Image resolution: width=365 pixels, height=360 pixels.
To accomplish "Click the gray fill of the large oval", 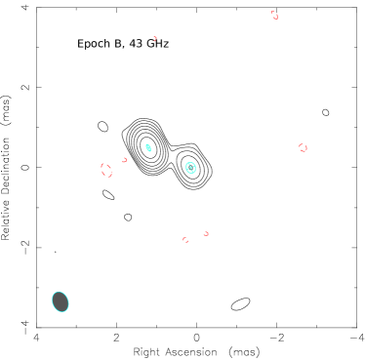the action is point(61,301).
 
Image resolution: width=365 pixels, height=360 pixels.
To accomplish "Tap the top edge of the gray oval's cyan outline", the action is point(60,292).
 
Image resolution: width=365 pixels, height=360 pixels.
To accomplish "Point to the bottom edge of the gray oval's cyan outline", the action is point(61,312).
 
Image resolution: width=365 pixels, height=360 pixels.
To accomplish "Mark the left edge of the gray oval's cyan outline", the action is point(52,300).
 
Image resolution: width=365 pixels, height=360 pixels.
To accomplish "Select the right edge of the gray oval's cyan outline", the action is point(69,302).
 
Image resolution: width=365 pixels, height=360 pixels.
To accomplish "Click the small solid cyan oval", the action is point(148,148).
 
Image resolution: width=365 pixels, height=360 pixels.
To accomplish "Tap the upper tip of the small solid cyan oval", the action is point(146,144).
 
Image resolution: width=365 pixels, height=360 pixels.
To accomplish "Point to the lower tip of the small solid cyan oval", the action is point(150,152).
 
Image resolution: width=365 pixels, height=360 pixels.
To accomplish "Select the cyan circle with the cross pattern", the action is point(190,168).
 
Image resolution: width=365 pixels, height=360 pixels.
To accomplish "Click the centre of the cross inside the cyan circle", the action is point(190,168).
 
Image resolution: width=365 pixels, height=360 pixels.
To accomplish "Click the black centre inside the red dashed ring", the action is point(106,170).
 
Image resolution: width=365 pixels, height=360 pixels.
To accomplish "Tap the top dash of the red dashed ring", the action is point(106,163).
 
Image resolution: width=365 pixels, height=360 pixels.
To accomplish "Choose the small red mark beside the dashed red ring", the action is point(125,160).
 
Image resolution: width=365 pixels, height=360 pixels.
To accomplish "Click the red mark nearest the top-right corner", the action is point(274,15).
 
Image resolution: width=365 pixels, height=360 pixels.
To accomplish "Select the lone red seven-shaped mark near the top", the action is point(154,39).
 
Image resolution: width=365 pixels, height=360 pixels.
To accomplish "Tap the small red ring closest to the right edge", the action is point(303,147).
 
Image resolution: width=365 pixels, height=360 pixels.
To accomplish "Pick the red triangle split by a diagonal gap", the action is point(185,239).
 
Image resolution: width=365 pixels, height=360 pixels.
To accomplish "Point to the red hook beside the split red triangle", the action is point(206,233).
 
